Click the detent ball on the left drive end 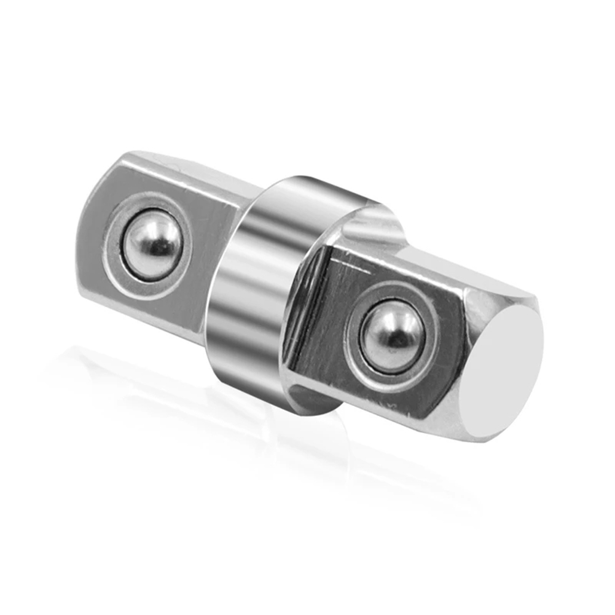[x=152, y=245]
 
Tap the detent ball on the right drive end [x=391, y=335]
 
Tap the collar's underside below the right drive [x=313, y=399]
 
